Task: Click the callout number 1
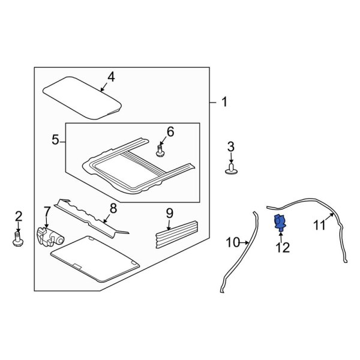[224, 103]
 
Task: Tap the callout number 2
[18, 215]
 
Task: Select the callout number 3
[231, 146]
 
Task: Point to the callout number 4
[110, 76]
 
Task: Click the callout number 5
[55, 141]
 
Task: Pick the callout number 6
[170, 131]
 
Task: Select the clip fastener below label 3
[231, 171]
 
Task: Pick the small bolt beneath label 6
[160, 150]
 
